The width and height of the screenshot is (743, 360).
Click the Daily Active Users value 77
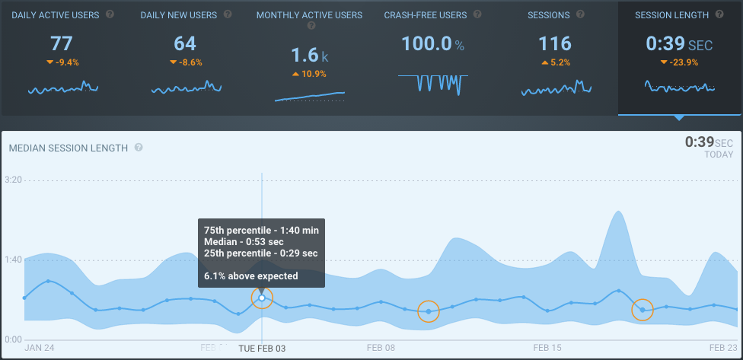point(62,43)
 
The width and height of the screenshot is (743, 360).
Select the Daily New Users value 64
point(185,43)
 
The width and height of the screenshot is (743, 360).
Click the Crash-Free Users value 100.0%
point(432,43)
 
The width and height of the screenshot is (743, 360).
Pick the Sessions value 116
point(555,43)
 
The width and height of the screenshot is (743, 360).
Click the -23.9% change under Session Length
point(680,62)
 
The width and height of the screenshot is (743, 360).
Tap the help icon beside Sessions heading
point(580,14)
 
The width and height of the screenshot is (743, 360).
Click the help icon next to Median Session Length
point(139,148)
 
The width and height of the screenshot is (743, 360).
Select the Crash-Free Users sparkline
point(432,82)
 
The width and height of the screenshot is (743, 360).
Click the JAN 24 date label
point(39,348)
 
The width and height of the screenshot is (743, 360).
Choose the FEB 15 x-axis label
point(547,348)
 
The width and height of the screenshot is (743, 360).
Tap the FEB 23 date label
point(722,348)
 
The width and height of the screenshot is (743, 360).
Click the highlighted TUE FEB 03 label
point(262,348)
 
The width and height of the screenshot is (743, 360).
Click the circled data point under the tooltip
point(262,298)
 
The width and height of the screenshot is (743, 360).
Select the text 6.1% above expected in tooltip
point(251,276)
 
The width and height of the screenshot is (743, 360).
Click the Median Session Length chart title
point(69,148)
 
